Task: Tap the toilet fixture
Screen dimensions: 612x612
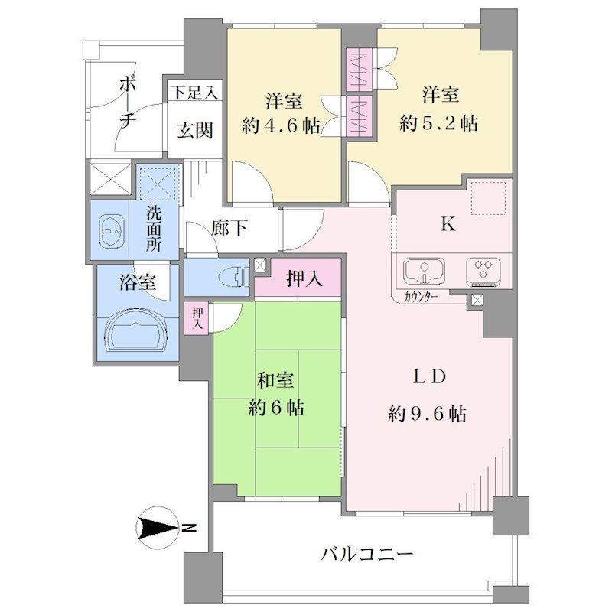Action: coord(234,278)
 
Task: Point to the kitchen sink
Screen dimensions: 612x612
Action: coord(424,270)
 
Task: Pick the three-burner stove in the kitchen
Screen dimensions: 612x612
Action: coord(483,269)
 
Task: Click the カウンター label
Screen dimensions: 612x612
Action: coord(420,298)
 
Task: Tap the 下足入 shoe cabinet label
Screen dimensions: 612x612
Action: coord(195,93)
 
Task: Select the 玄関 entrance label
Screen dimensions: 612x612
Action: coord(195,130)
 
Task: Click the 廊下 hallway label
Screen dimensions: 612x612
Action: coord(229,228)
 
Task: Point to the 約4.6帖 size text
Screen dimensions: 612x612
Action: coord(281,125)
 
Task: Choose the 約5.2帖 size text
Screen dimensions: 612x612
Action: coord(438,123)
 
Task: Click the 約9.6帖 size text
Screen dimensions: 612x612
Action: coord(428,413)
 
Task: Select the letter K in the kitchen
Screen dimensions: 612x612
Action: coord(448,224)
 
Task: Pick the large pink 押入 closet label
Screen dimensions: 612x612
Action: coord(304,278)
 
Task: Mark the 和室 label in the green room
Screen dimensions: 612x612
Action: coord(275,380)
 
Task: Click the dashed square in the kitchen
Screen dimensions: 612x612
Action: coord(488,198)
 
